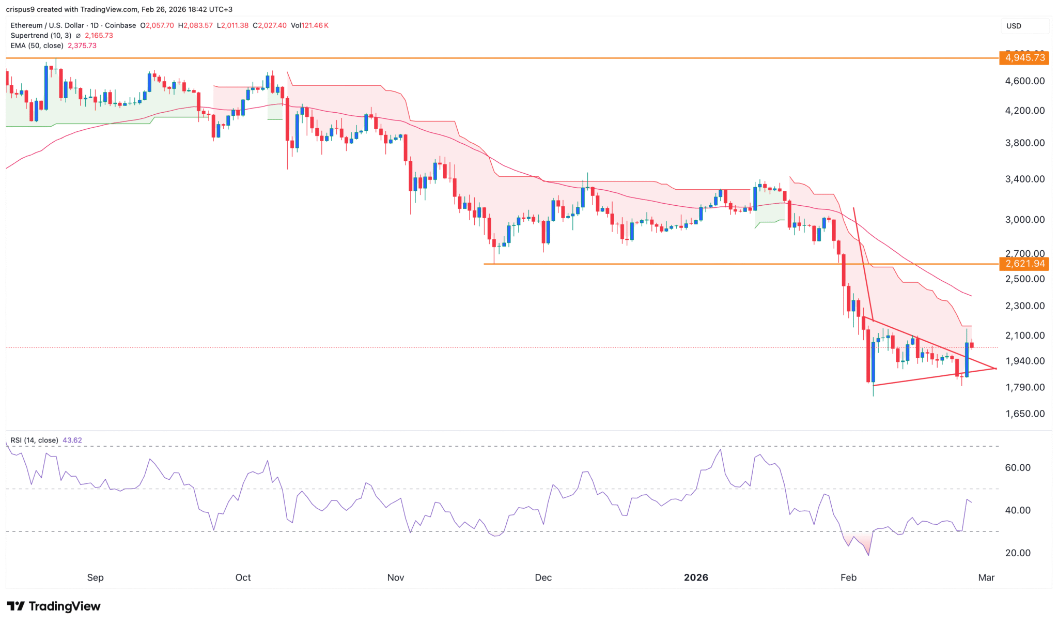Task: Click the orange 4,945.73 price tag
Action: [1025, 57]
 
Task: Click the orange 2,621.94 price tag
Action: [1025, 264]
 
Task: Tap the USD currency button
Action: [1014, 26]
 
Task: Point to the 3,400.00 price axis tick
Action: [1025, 179]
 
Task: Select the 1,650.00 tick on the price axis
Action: [1025, 414]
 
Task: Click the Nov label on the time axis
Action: [395, 577]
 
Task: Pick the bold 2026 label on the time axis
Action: [696, 577]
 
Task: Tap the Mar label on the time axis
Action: [986, 577]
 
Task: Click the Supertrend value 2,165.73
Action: [99, 36]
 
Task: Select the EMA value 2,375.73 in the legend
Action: [82, 45]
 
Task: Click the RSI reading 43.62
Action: [72, 440]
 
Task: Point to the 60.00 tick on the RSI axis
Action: [1018, 467]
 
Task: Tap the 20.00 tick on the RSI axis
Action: [1018, 553]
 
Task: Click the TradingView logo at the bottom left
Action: [54, 606]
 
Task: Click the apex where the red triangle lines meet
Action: [995, 368]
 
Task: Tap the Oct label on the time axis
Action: [243, 577]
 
